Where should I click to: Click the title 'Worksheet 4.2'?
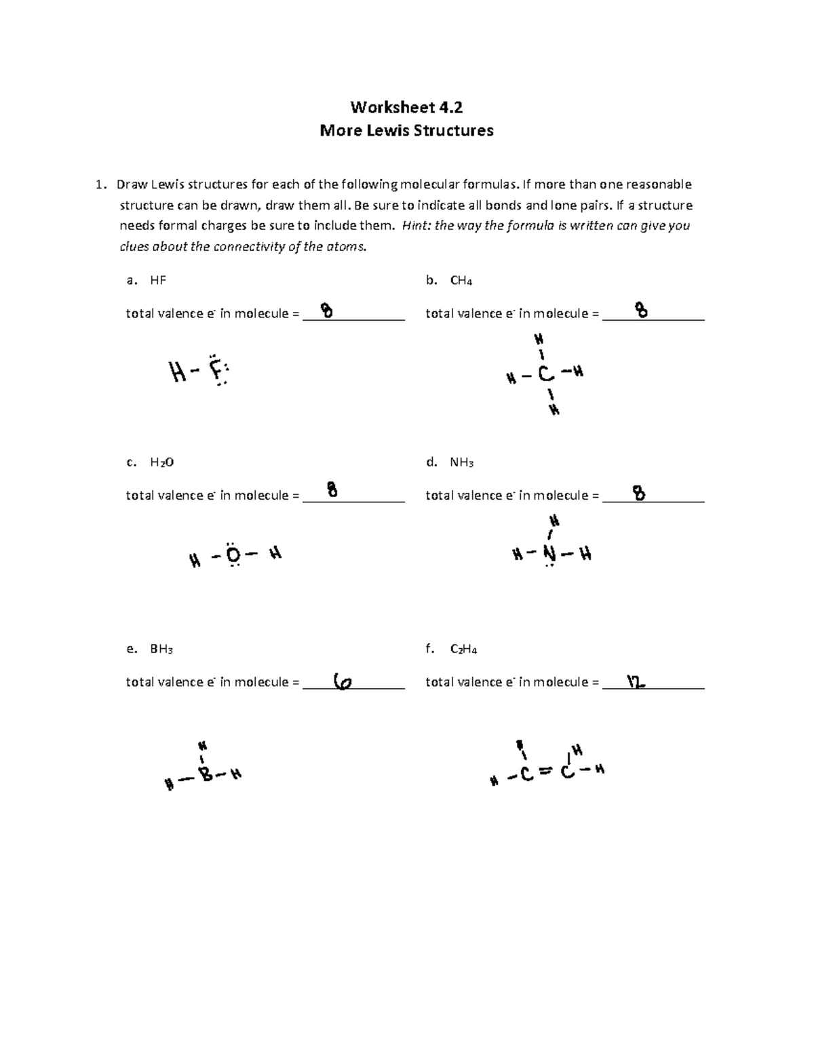[406, 107]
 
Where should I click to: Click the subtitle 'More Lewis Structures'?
[406, 130]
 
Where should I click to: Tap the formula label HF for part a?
[157, 280]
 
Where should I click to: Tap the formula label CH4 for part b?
[461, 280]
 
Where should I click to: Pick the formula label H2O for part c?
[161, 462]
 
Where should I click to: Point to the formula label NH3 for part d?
[461, 462]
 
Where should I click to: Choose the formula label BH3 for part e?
[161, 649]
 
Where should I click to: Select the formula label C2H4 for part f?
[463, 649]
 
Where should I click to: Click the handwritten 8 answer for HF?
[327, 311]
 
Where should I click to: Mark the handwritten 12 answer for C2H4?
[636, 682]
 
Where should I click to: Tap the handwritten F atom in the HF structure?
[216, 371]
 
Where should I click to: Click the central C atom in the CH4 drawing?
[545, 374]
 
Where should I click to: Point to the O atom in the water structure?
[233, 556]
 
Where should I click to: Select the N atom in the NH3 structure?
[549, 555]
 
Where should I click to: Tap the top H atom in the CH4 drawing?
[539, 338]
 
